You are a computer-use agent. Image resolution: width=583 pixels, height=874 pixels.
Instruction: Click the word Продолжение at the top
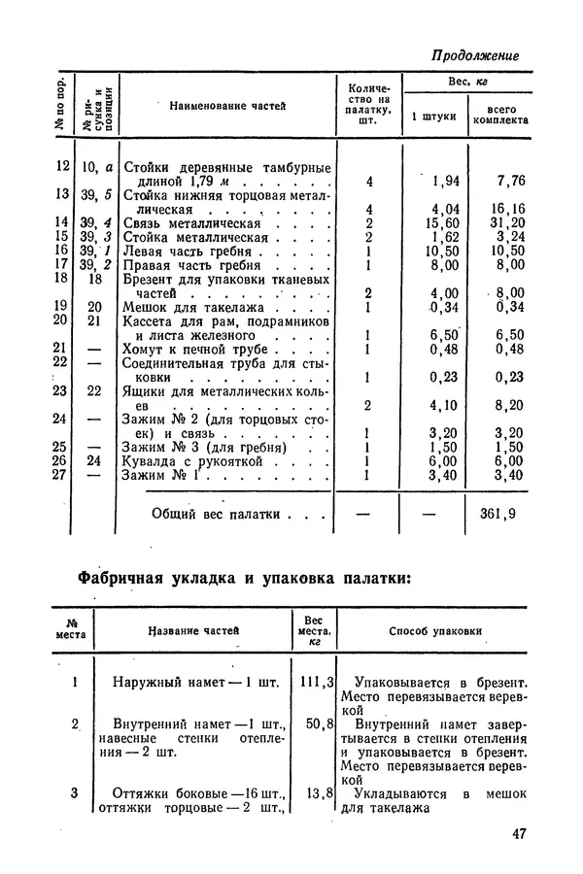tap(475, 55)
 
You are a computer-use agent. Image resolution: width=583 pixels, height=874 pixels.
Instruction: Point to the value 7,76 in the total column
tap(510, 181)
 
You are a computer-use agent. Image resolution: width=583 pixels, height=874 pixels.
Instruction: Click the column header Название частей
tap(193, 631)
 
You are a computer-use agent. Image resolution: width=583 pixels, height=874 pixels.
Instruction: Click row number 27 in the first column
tap(60, 475)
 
